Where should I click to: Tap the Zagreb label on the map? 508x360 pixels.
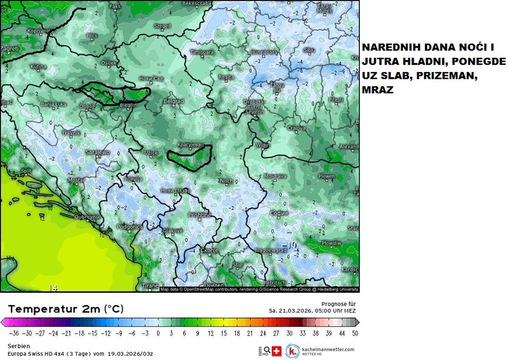click(x=9, y=49)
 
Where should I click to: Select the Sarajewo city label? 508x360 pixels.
click(x=98, y=152)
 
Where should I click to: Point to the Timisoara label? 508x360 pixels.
click(x=202, y=52)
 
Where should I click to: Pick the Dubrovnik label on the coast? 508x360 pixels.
click(x=87, y=217)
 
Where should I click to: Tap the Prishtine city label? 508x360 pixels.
click(x=199, y=215)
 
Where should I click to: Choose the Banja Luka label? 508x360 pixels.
click(x=54, y=104)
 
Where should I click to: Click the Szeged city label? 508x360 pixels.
click(x=162, y=26)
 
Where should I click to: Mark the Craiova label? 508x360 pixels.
click(x=296, y=128)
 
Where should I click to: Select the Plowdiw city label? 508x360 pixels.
click(x=331, y=243)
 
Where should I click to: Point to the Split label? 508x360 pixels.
click(x=26, y=171)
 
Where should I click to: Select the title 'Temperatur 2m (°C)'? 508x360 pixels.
click(x=66, y=309)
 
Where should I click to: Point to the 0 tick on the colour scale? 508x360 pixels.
click(x=158, y=333)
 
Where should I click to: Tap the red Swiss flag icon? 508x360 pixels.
click(x=276, y=351)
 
